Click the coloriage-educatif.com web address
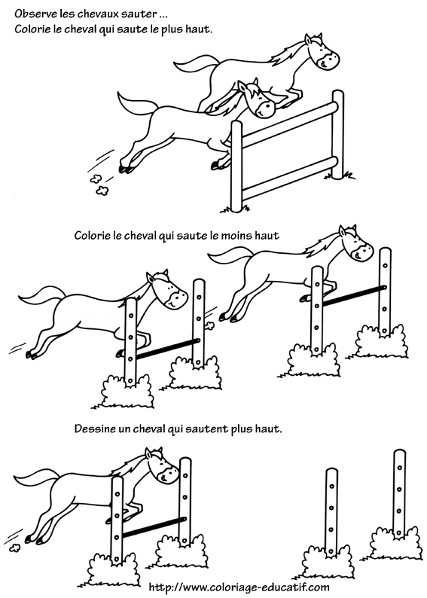click(239, 587)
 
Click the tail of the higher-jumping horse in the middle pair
click(230, 256)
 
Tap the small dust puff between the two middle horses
click(209, 325)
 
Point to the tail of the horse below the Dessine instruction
click(37, 477)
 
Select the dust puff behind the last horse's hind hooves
click(15, 548)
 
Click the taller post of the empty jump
click(399, 494)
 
